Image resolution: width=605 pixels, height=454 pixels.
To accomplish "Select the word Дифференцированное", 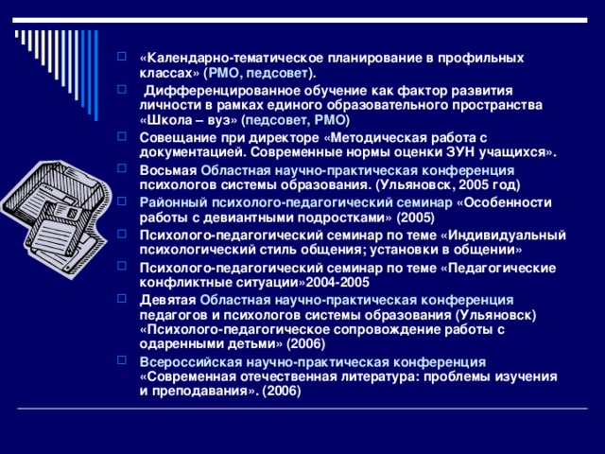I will click(216, 90).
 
